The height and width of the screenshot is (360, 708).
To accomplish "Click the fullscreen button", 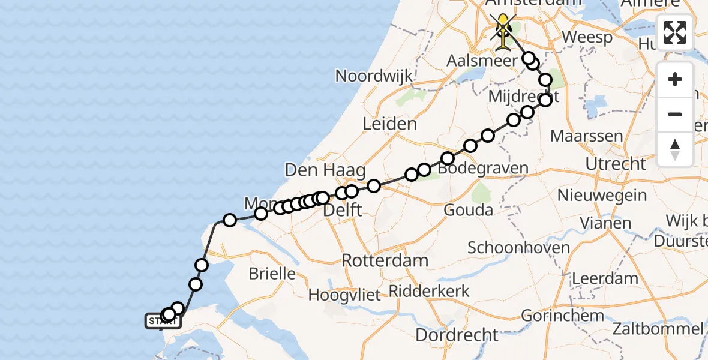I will [x=675, y=33].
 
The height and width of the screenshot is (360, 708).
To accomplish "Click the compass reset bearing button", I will [x=675, y=149].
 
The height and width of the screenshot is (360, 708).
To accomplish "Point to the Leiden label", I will [x=390, y=124].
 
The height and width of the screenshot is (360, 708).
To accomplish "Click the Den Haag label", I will [x=325, y=170].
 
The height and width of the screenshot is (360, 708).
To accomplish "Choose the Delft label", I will [x=342, y=211].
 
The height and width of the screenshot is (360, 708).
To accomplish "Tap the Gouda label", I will [x=468, y=210].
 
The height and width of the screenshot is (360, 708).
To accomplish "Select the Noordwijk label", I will [x=374, y=76].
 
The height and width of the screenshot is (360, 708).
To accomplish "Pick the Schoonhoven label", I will [x=510, y=247].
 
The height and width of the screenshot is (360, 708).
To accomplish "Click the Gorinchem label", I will [x=562, y=315].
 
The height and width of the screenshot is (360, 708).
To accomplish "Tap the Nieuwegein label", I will [x=602, y=196].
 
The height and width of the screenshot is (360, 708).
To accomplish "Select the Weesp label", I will [x=589, y=37].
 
